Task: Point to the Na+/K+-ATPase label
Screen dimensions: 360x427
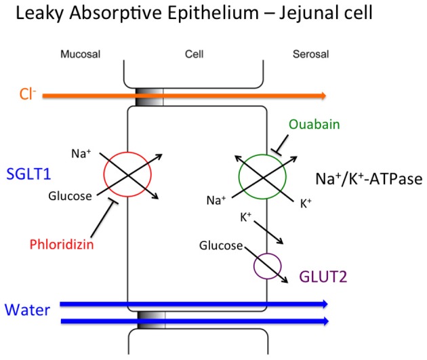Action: coord(367,178)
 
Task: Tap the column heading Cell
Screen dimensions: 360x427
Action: coord(192,52)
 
